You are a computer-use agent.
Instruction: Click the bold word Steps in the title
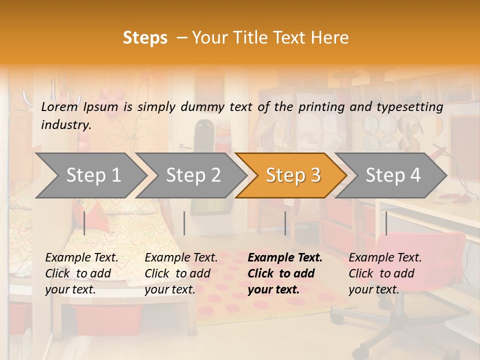pos(145,38)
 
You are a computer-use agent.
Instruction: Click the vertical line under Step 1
pos(84,223)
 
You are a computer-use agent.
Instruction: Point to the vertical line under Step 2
pos(184,223)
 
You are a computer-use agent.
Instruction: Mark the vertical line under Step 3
pos(285,223)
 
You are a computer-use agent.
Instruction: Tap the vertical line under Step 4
pos(386,223)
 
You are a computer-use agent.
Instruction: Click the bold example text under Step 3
pos(285,273)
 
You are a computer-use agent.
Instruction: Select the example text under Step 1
pos(81,273)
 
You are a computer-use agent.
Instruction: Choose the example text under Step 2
pos(181,273)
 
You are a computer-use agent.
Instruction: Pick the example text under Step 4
pos(385,273)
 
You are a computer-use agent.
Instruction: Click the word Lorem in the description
pos(59,106)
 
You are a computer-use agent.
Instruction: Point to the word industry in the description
pos(66,125)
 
